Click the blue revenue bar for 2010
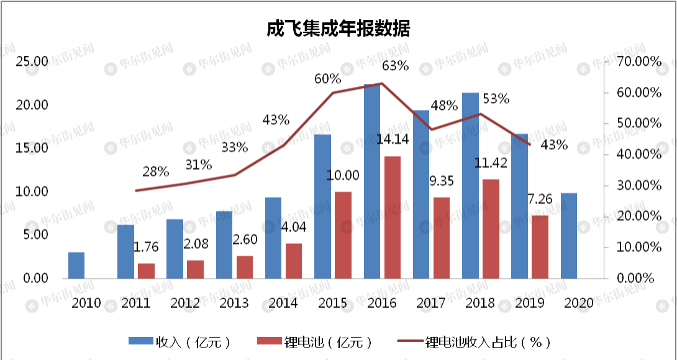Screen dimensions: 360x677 click(76, 265)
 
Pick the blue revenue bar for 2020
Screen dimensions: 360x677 click(569, 235)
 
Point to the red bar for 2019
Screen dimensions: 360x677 click(540, 246)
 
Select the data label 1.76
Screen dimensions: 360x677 click(147, 247)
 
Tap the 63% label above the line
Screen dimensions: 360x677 click(395, 65)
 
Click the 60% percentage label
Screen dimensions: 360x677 click(327, 79)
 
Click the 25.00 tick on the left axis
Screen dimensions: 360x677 click(32, 61)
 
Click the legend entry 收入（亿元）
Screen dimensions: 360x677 click(180, 341)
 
